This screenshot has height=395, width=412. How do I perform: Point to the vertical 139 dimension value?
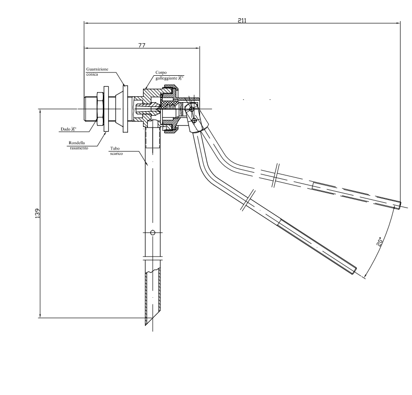click(37, 213)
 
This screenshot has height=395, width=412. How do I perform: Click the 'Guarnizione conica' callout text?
click(97, 71)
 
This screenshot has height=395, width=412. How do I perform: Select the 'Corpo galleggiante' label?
click(166, 75)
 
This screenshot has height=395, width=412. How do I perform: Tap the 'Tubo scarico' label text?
click(115, 152)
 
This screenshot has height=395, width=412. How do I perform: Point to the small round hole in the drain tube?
click(153, 233)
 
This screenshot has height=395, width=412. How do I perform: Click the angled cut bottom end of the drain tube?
click(153, 319)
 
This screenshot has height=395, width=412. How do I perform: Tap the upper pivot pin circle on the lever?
click(191, 109)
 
